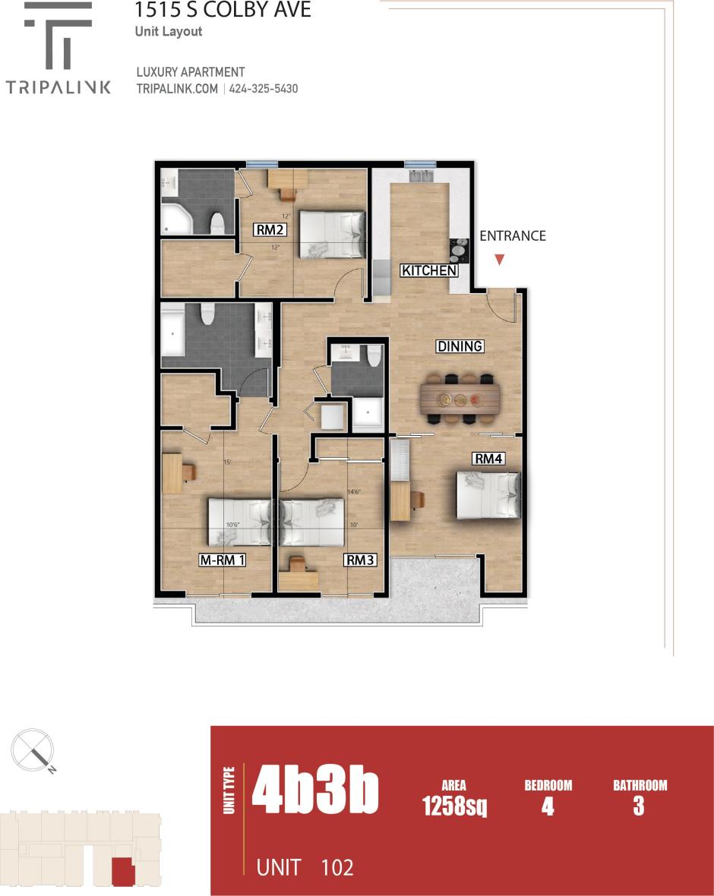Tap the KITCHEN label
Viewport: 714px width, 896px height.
click(429, 271)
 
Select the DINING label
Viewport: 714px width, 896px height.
click(460, 346)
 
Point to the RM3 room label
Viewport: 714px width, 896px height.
click(360, 560)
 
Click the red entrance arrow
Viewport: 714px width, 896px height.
click(499, 260)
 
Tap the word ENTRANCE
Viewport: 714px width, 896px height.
click(513, 235)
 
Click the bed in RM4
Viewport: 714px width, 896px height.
click(488, 495)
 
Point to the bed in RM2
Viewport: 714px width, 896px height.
click(331, 234)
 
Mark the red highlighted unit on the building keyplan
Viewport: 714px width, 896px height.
click(123, 871)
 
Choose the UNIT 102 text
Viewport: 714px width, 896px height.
click(305, 866)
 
